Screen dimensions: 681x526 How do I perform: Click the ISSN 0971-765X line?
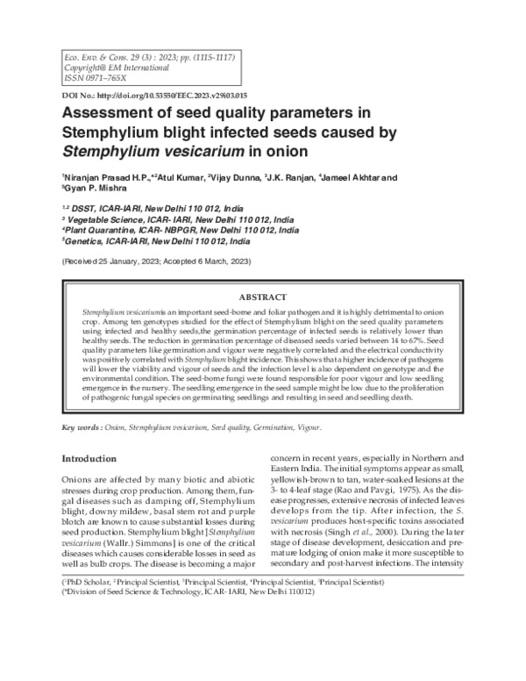90,76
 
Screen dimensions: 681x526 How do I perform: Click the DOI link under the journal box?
153,94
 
